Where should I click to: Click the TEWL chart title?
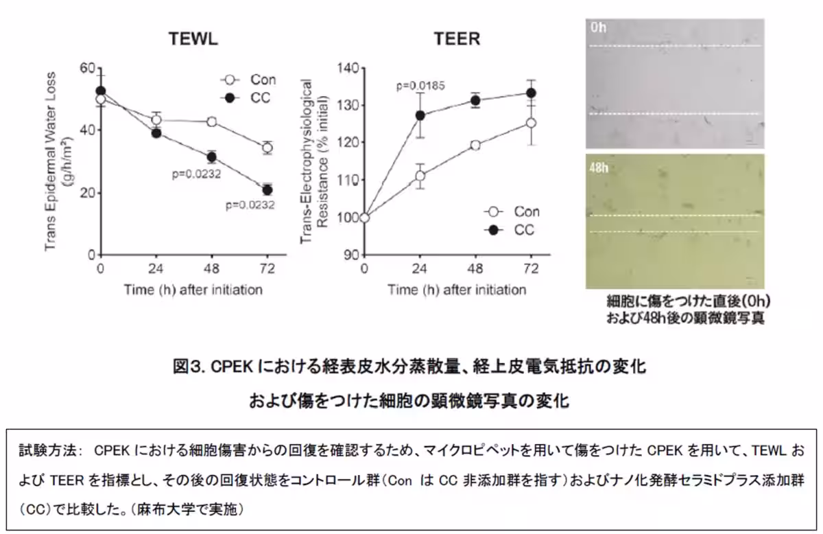click(194, 39)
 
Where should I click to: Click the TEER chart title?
click(457, 39)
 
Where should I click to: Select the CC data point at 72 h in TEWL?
click(267, 190)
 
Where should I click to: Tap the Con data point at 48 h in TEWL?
click(212, 121)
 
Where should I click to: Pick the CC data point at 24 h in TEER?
click(420, 115)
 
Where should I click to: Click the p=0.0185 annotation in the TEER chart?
click(420, 86)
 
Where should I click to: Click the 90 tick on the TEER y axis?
click(353, 255)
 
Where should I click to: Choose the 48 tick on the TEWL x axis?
click(212, 268)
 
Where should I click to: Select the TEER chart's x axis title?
click(457, 290)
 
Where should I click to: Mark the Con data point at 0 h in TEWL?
click(101, 100)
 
